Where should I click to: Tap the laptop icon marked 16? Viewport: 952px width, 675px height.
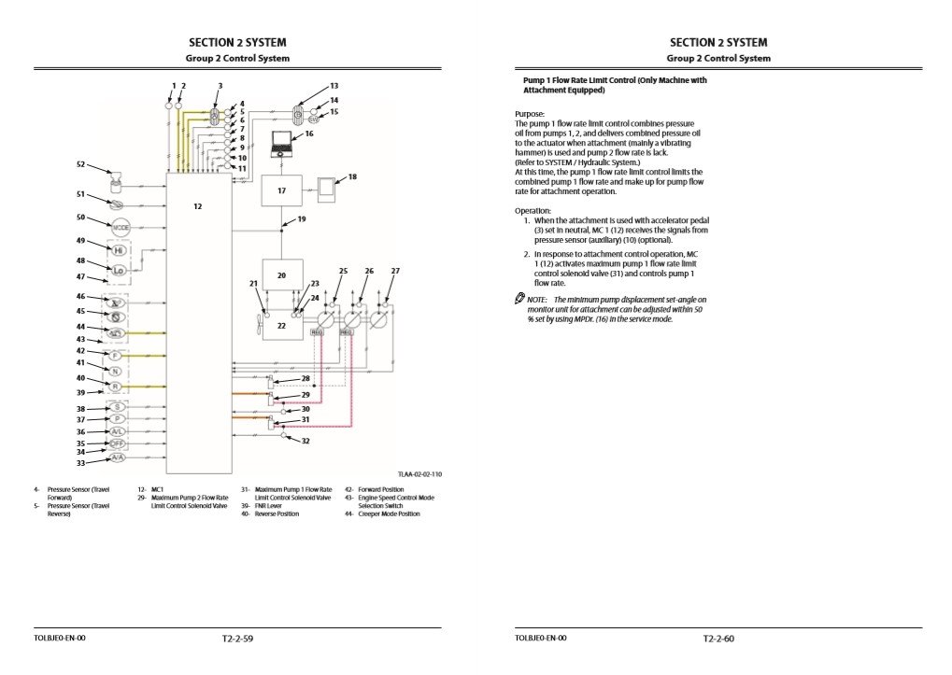pyautogui.click(x=282, y=145)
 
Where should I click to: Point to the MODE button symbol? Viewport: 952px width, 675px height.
pyautogui.click(x=120, y=228)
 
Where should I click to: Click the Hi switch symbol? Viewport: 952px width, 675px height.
pyautogui.click(x=119, y=251)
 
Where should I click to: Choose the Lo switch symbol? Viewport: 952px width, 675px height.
pyautogui.click(x=119, y=271)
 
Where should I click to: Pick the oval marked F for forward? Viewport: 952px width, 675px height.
pyautogui.click(x=116, y=357)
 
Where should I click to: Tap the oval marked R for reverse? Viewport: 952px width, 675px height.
pyautogui.click(x=116, y=387)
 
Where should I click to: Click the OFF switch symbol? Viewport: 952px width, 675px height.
pyautogui.click(x=118, y=443)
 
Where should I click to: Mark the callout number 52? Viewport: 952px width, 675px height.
pyautogui.click(x=80, y=164)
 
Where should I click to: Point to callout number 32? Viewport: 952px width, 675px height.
pyautogui.click(x=305, y=441)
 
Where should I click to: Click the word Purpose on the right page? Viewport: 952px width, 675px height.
pyautogui.click(x=530, y=114)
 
